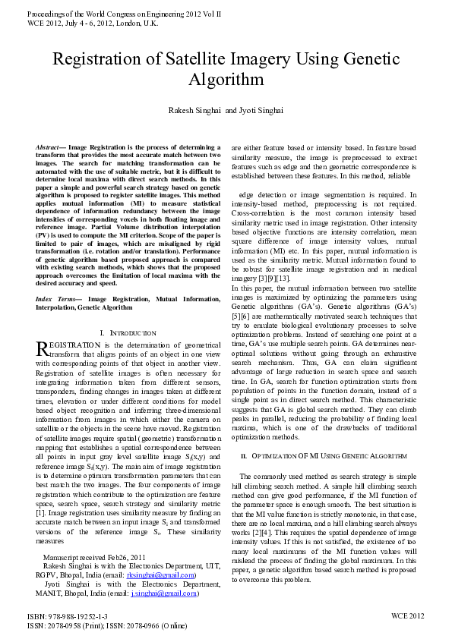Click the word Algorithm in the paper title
[226, 80]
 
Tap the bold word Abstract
[51, 145]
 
